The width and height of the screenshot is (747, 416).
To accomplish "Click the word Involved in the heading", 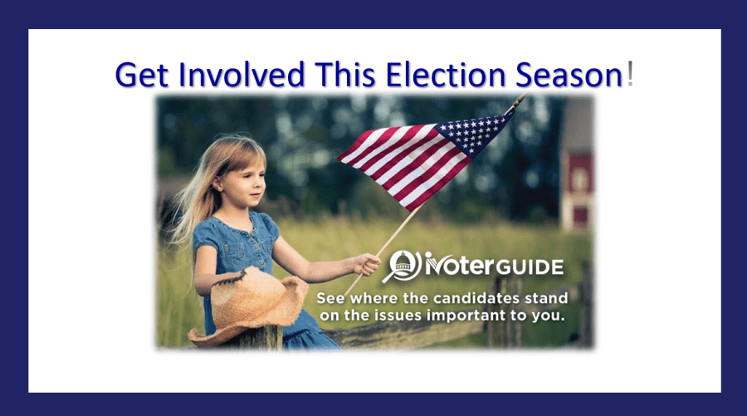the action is pyautogui.click(x=242, y=75).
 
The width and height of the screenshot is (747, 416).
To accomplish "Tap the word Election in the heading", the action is pyautogui.click(x=445, y=75).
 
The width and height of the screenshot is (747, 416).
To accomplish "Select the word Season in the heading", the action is pyautogui.click(x=569, y=75).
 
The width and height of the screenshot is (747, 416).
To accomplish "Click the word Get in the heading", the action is pyautogui.click(x=141, y=75).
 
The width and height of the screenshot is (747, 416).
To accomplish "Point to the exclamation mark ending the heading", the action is pyautogui.click(x=630, y=75).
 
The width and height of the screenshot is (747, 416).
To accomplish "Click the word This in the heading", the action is pyautogui.click(x=345, y=75).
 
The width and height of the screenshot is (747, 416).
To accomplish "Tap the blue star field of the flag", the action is pyautogui.click(x=474, y=133).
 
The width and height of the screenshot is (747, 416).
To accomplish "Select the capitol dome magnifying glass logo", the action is pyautogui.click(x=403, y=266).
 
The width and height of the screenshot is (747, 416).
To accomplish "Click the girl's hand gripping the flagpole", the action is pyautogui.click(x=368, y=265).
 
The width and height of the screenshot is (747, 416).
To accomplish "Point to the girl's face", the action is pyautogui.click(x=247, y=183).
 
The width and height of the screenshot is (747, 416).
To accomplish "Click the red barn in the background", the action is pyautogui.click(x=578, y=191).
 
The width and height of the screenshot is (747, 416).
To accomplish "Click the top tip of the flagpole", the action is pyautogui.click(x=523, y=95).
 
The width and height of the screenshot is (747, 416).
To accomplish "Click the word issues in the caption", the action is pyautogui.click(x=398, y=316).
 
